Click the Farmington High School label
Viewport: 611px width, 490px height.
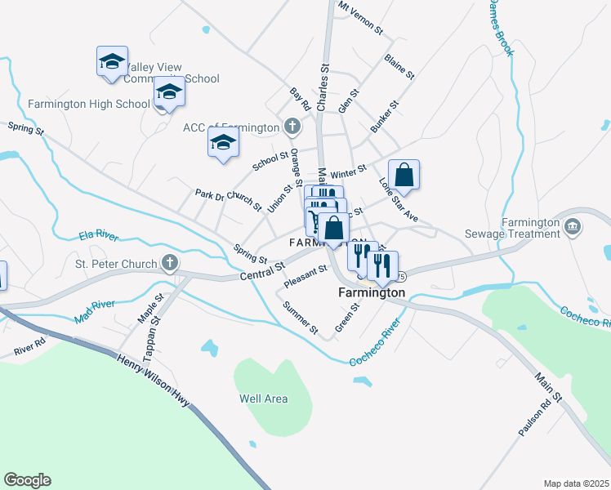(x=88, y=104)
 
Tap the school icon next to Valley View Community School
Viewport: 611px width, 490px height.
(x=112, y=62)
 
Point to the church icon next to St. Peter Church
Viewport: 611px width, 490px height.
(x=169, y=262)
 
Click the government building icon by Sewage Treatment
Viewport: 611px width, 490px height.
(x=572, y=225)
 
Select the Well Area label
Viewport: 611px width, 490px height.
(x=263, y=399)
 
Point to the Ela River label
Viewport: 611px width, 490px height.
(x=99, y=235)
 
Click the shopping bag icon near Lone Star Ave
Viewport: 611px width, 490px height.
(x=404, y=175)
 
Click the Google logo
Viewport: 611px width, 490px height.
(x=27, y=480)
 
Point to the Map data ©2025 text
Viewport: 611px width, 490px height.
(x=576, y=483)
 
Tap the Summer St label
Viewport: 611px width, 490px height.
(x=299, y=318)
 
